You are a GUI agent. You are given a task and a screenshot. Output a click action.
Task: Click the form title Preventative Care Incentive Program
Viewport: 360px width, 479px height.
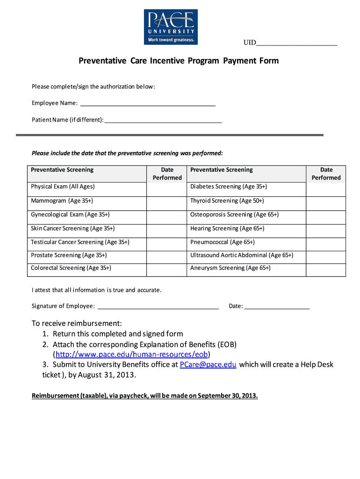coord(178,61)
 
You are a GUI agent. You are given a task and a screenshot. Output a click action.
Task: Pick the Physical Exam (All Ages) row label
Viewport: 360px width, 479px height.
coord(63,187)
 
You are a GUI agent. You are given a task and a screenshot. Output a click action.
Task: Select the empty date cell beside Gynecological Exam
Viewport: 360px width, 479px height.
coord(166,215)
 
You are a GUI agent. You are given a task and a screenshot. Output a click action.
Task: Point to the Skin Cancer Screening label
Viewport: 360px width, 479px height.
coord(72,228)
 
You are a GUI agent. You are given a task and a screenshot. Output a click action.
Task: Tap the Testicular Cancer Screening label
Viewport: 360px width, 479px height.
coord(80,242)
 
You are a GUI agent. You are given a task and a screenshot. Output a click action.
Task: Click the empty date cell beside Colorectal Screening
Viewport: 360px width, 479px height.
coord(166,269)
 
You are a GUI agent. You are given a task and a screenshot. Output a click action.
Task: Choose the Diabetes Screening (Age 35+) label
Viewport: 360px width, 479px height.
coord(228,187)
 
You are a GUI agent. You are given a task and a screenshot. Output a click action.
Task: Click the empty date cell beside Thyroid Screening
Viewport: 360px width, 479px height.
coord(326,201)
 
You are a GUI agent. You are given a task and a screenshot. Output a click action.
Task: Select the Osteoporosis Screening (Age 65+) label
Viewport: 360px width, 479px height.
coord(234,215)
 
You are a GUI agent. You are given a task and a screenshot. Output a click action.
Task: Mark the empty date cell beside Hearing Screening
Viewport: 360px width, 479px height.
coord(326,228)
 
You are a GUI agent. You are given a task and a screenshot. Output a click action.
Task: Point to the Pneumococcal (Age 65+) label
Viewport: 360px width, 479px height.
coord(222,242)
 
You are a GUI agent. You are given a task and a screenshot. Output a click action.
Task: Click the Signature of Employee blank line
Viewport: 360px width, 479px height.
coord(158,306)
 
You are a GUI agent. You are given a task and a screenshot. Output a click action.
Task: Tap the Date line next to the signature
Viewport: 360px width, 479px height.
coord(277,306)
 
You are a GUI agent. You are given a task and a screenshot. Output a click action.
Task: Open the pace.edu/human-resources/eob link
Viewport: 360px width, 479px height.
coord(131,354)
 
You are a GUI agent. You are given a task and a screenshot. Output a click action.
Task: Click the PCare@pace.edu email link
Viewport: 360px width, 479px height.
coord(208,364)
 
